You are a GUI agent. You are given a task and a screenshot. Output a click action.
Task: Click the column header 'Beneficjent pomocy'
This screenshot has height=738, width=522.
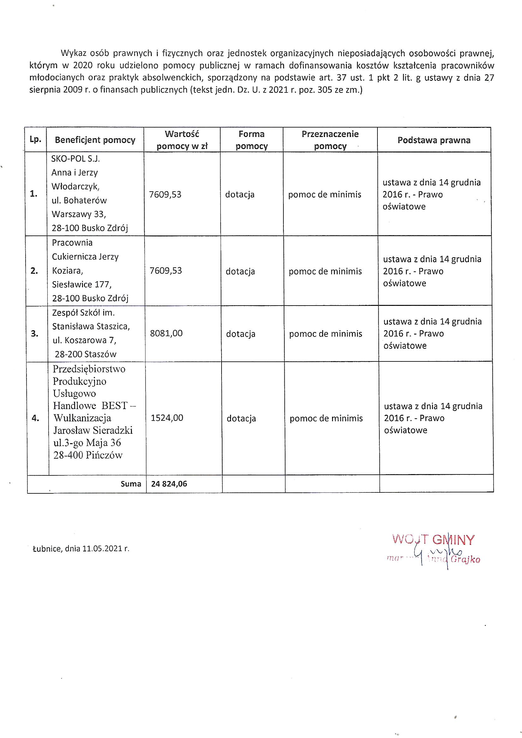(95, 140)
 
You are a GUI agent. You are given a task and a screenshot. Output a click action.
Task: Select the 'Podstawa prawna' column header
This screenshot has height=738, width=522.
(434, 140)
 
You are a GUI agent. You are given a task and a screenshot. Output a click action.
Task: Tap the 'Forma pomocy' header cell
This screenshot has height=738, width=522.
(251, 140)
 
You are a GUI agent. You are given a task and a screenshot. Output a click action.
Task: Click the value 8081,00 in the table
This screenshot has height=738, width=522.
(166, 333)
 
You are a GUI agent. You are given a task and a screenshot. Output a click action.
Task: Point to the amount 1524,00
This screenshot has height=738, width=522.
(167, 418)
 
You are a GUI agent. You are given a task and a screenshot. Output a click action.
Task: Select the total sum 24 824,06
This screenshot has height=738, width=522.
(169, 484)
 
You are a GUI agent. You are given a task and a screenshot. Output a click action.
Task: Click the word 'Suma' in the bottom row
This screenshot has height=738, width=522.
(131, 484)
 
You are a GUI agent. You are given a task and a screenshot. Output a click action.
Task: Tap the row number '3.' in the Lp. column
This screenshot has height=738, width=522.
(34, 334)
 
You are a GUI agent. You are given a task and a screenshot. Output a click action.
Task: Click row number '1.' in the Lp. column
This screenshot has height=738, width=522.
(33, 194)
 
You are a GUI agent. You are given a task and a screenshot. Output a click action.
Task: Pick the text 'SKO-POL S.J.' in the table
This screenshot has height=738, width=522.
(76, 159)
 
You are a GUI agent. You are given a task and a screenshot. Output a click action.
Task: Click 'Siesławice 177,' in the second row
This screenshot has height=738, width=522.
(82, 284)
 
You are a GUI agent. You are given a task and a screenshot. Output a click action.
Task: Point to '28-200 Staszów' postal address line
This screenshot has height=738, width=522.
(86, 354)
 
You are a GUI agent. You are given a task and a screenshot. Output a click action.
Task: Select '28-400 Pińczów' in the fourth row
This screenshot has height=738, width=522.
(88, 455)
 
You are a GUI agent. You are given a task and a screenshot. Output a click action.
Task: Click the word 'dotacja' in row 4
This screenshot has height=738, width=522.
(241, 418)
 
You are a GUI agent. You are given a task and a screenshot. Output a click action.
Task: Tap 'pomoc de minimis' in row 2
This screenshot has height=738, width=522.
(325, 271)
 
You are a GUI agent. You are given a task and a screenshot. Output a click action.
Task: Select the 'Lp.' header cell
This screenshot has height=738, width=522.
(35, 140)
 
